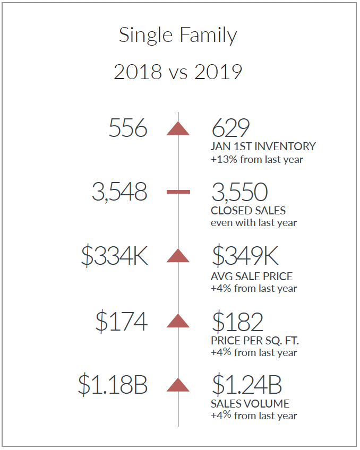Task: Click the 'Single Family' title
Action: coord(178,36)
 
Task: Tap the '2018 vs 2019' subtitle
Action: coord(178,72)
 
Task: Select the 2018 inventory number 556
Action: coord(128,128)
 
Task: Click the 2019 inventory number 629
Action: coord(230,128)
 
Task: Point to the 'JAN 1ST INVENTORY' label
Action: coord(263,146)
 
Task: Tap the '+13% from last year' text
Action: coord(257,159)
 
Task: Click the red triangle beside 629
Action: coord(178,128)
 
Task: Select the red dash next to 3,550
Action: coord(178,192)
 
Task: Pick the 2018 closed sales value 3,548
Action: coord(119,192)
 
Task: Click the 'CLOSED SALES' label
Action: coord(248,211)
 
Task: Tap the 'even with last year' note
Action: coord(254,223)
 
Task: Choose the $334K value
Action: coord(115,256)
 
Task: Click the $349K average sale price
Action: coord(245,255)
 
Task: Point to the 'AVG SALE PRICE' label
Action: coord(252,276)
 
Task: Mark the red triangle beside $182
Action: coord(178,321)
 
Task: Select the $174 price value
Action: coord(122,322)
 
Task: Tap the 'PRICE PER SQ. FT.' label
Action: coord(255,341)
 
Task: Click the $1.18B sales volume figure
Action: coord(113,385)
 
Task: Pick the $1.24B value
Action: coord(247,384)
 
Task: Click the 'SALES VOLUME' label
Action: coord(250,404)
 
